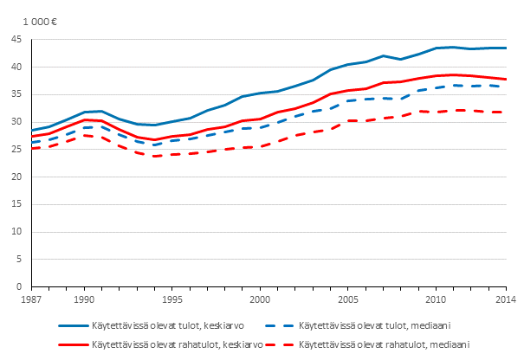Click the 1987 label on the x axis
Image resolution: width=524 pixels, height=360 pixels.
coord(32,299)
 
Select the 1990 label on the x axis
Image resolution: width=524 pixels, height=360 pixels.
coord(84,299)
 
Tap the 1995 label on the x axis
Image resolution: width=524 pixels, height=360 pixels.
coord(172,299)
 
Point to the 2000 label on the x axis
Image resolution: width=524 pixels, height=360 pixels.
coord(260,299)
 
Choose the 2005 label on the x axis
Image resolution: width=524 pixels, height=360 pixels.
coord(348,299)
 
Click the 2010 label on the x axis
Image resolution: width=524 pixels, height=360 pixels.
coord(437,299)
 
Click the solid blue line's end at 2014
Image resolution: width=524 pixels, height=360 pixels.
coord(507,48)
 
